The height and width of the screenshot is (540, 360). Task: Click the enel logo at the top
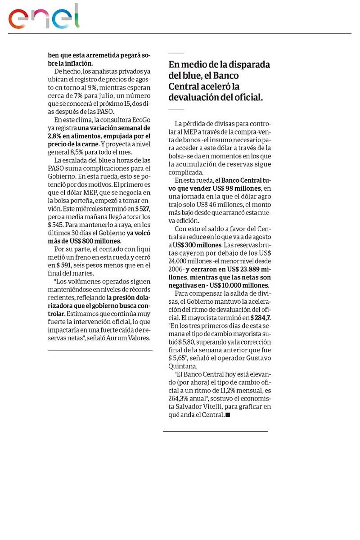click(x=44, y=17)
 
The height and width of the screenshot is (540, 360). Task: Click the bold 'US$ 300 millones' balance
click(x=197, y=245)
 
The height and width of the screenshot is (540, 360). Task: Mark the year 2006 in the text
click(x=175, y=269)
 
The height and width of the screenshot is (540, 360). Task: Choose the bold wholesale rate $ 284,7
click(x=261, y=318)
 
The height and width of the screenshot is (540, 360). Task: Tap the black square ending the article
click(x=228, y=415)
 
